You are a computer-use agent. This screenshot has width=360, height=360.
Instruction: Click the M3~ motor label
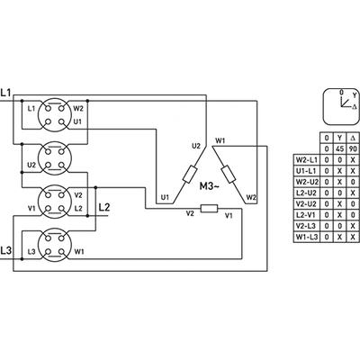(210, 186)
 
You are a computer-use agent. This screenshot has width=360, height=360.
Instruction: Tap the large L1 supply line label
(5, 93)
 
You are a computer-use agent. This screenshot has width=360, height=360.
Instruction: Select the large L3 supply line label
(5, 250)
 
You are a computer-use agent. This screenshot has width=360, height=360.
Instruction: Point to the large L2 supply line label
(104, 207)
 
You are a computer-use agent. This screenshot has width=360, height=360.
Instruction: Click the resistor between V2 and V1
(209, 208)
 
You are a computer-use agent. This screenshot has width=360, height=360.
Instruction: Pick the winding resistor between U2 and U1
(190, 175)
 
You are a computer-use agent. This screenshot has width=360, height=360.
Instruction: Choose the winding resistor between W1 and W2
(229, 175)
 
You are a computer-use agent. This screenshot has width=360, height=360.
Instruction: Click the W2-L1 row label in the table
(307, 159)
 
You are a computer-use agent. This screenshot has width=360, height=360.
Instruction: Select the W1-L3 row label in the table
(307, 237)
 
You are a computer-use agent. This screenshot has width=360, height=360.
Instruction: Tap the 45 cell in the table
(339, 148)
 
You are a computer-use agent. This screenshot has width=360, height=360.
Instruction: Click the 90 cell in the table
(353, 148)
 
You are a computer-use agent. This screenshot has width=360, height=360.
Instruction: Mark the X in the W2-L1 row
(353, 159)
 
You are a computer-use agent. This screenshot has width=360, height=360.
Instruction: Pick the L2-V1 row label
(307, 215)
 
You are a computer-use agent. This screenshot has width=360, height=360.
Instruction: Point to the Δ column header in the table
(353, 138)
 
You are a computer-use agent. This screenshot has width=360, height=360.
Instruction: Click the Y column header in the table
(339, 138)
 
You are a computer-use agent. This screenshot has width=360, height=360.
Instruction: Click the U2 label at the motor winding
(196, 146)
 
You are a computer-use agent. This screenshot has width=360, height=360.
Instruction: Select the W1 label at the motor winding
(220, 140)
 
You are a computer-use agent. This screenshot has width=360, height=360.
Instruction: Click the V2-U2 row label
(307, 203)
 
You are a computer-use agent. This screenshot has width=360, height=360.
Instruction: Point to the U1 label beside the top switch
(77, 121)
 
